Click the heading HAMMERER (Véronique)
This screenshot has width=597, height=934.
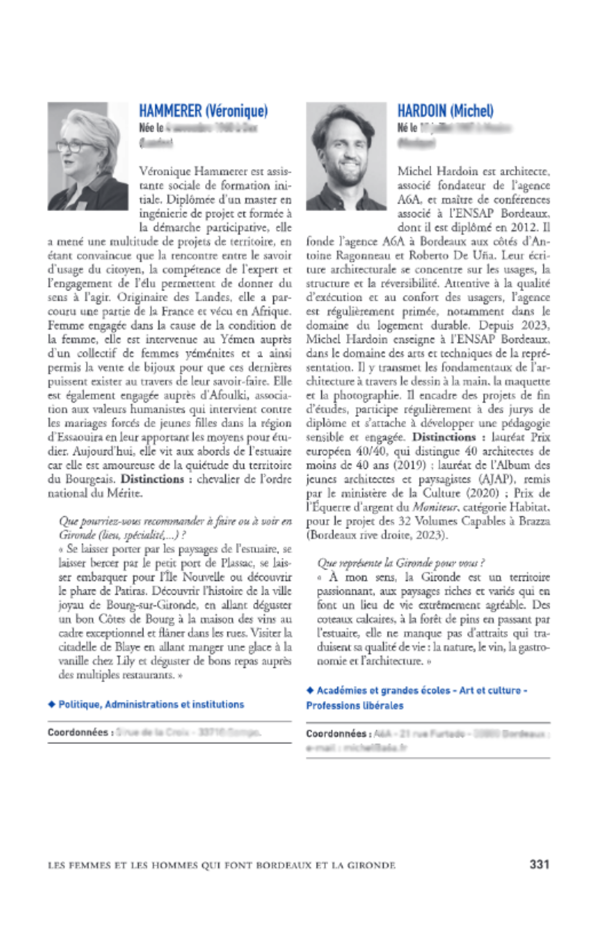(203, 111)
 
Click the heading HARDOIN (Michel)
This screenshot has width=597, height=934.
(445, 111)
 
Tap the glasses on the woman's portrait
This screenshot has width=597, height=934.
(75, 146)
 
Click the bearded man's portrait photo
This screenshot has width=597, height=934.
(346, 156)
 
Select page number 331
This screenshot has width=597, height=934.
(539, 864)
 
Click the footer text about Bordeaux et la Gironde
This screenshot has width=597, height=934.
(221, 865)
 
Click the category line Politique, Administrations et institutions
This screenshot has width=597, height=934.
(151, 704)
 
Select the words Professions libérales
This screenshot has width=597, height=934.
(355, 705)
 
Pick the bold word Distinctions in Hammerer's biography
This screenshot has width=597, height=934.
(152, 479)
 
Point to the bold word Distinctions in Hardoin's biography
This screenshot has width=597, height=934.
(444, 437)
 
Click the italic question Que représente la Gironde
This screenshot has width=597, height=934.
(401, 563)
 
